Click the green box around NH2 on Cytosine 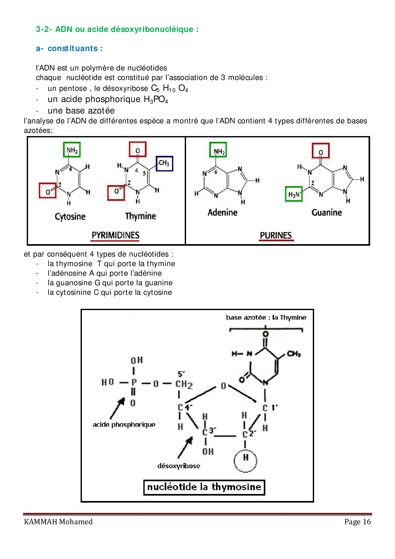coord(72,150)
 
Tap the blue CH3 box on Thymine coord(164,163)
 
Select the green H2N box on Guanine coord(293,194)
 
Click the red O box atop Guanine coord(320,151)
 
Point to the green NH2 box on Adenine coord(218,150)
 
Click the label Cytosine coord(70,217)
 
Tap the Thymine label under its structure coord(140,216)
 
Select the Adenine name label coord(222,213)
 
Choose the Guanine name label coord(327,213)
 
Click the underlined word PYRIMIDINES coord(115,235)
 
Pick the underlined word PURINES coord(276,235)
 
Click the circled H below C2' coord(245,460)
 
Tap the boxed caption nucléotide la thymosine coord(204,487)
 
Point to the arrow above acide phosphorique coord(117,408)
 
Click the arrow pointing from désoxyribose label coord(185,447)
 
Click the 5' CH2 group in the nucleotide coord(184,384)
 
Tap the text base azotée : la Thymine coord(266,317)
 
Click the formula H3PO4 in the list coord(156,100)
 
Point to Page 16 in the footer coord(357,522)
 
